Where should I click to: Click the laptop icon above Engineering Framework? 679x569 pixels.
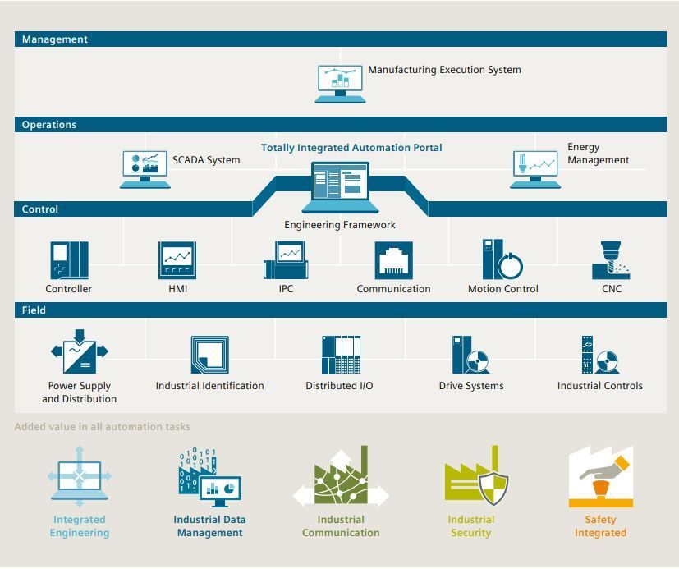[341, 186]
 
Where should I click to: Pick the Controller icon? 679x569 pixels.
[69, 260]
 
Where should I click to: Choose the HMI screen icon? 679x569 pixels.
[177, 260]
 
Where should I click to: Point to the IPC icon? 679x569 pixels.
[286, 260]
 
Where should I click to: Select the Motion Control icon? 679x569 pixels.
[502, 260]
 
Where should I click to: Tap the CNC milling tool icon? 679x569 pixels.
[611, 260]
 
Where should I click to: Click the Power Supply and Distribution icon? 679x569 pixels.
[80, 353]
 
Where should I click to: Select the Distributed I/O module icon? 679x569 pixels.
[341, 355]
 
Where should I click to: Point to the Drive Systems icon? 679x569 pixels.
[470, 355]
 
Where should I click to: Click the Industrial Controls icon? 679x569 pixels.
[599, 355]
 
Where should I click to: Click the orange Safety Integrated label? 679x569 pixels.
[600, 526]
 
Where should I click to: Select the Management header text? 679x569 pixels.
[55, 39]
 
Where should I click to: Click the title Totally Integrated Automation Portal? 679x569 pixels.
[351, 148]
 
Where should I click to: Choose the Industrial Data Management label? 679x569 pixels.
[209, 526]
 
